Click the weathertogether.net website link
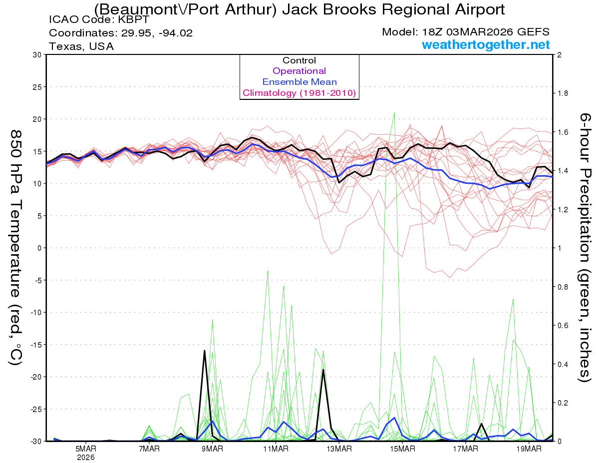pos(486,44)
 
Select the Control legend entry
pos(299,60)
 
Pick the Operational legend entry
pos(299,71)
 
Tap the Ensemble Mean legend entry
pos(299,82)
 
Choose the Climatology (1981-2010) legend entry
pos(299,93)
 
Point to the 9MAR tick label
pos(212,449)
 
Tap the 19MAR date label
pos(528,449)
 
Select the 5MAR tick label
pos(86,449)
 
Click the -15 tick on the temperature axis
pos(35,345)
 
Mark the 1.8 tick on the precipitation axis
pos(563,93)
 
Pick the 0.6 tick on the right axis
pos(563,326)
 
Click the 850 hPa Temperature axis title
pos(16,247)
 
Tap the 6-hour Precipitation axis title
pos(585,247)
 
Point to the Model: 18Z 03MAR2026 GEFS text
pos(466,32)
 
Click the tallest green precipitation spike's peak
pos(394,112)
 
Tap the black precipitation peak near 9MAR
pos(204,351)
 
